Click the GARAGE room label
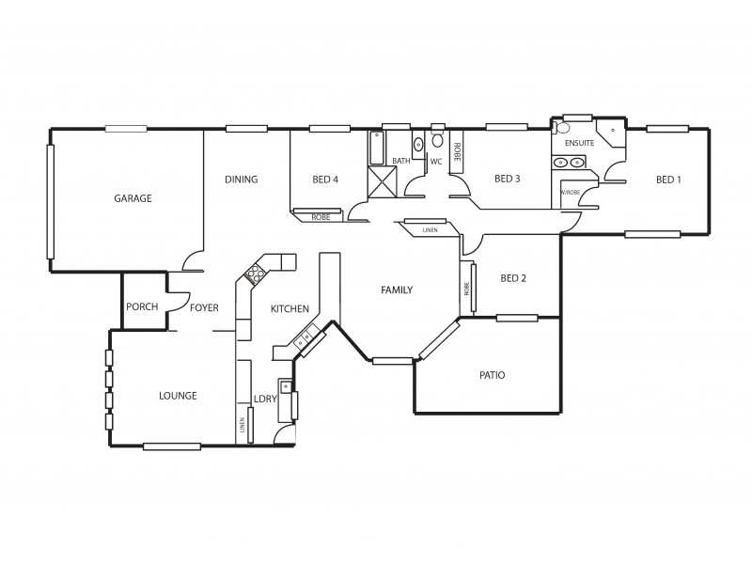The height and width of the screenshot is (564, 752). point(133,198)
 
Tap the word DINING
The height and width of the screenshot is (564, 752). point(242,180)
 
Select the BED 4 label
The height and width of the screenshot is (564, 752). point(325,180)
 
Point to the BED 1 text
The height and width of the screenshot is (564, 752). point(668,180)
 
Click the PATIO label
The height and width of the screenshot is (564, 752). point(492,375)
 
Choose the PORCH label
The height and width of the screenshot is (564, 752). point(142,306)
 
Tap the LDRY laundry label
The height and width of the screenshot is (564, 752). point(264,399)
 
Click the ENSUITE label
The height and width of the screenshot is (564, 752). point(580,143)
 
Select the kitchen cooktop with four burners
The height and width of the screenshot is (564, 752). point(255,274)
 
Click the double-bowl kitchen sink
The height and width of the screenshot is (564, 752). point(308,336)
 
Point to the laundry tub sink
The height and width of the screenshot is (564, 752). point(285,387)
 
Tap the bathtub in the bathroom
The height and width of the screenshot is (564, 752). point(376,148)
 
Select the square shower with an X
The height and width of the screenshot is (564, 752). point(381,180)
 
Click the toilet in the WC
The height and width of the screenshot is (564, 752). point(437,141)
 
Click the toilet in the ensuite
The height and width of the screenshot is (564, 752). point(564,128)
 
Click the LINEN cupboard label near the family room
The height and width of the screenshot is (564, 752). point(430,229)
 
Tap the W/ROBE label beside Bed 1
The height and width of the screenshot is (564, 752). point(571,192)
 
